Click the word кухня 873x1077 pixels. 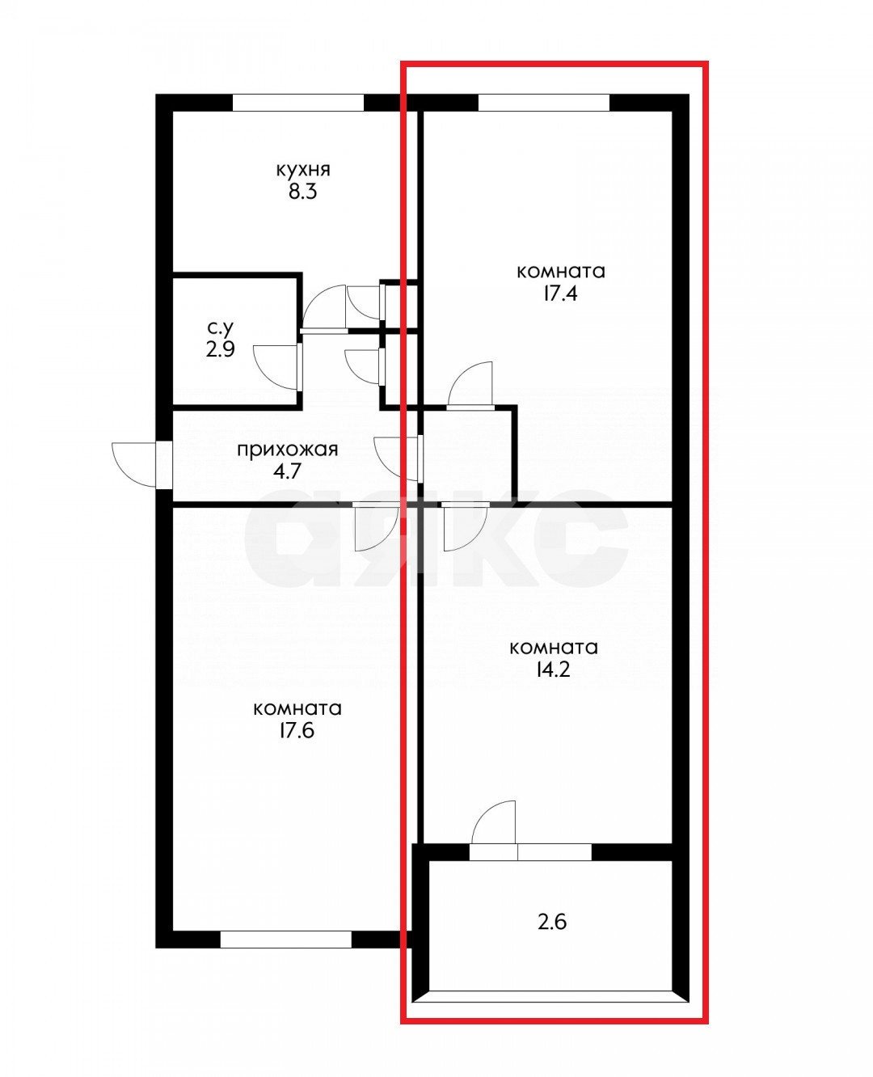(303, 171)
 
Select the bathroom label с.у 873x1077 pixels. (220, 327)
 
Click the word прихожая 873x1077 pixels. (287, 450)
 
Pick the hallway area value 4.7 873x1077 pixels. (287, 471)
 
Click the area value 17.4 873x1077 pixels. (560, 293)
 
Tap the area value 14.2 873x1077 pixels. (554, 669)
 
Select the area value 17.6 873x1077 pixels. (297, 731)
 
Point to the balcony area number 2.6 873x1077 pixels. (552, 921)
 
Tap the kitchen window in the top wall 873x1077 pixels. (298, 103)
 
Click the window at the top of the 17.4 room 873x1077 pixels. (543, 103)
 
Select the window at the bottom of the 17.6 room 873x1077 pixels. (285, 940)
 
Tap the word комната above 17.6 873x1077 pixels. (297, 709)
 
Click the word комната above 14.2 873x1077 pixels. (554, 648)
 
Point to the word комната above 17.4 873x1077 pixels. (560, 271)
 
